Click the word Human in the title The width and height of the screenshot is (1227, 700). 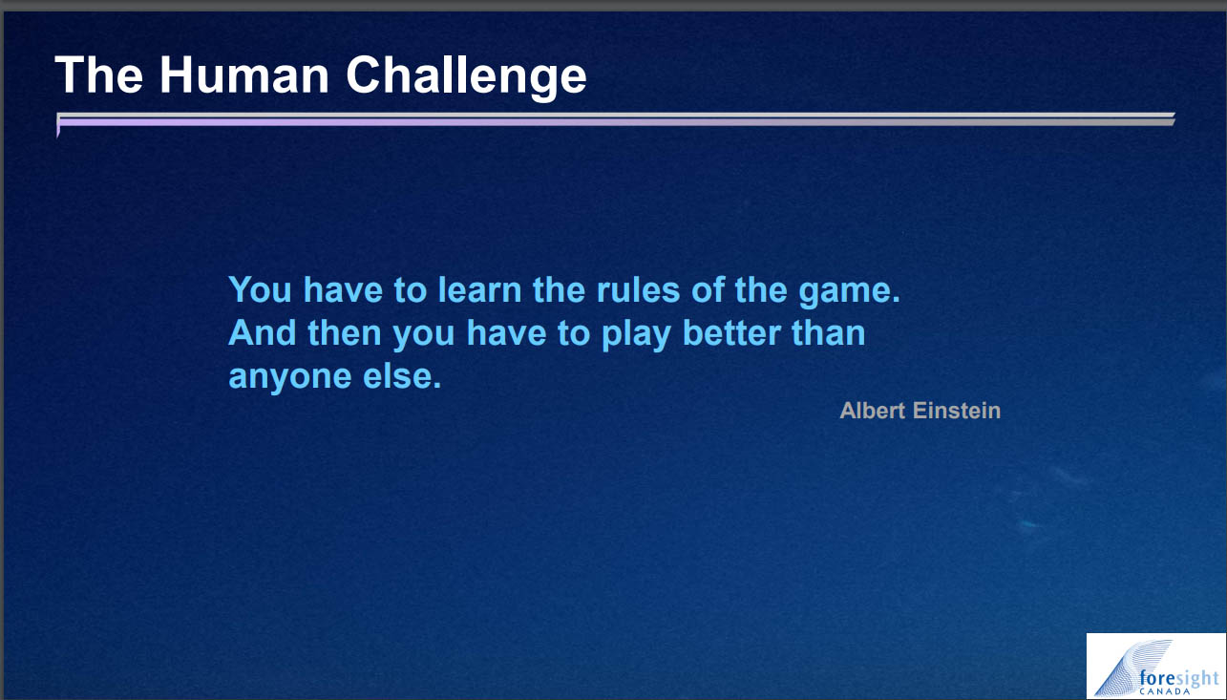click(244, 75)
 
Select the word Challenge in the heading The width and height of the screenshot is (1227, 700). click(466, 77)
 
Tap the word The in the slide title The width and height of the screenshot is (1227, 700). click(99, 75)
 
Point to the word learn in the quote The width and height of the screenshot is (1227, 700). click(479, 289)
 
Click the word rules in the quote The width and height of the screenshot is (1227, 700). click(638, 289)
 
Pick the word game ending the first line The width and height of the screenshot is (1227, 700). click(849, 292)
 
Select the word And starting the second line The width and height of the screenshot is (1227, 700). click(263, 333)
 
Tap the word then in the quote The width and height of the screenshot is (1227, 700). click(344, 333)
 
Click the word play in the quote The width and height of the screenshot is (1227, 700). click(636, 335)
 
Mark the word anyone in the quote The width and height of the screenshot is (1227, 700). click(289, 378)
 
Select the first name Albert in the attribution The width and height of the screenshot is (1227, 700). click(872, 411)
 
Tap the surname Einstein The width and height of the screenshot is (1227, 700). click(957, 411)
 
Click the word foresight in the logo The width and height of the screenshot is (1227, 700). click(1179, 677)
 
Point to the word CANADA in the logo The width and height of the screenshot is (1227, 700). click(1165, 691)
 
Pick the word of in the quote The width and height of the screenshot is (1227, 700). click(708, 289)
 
